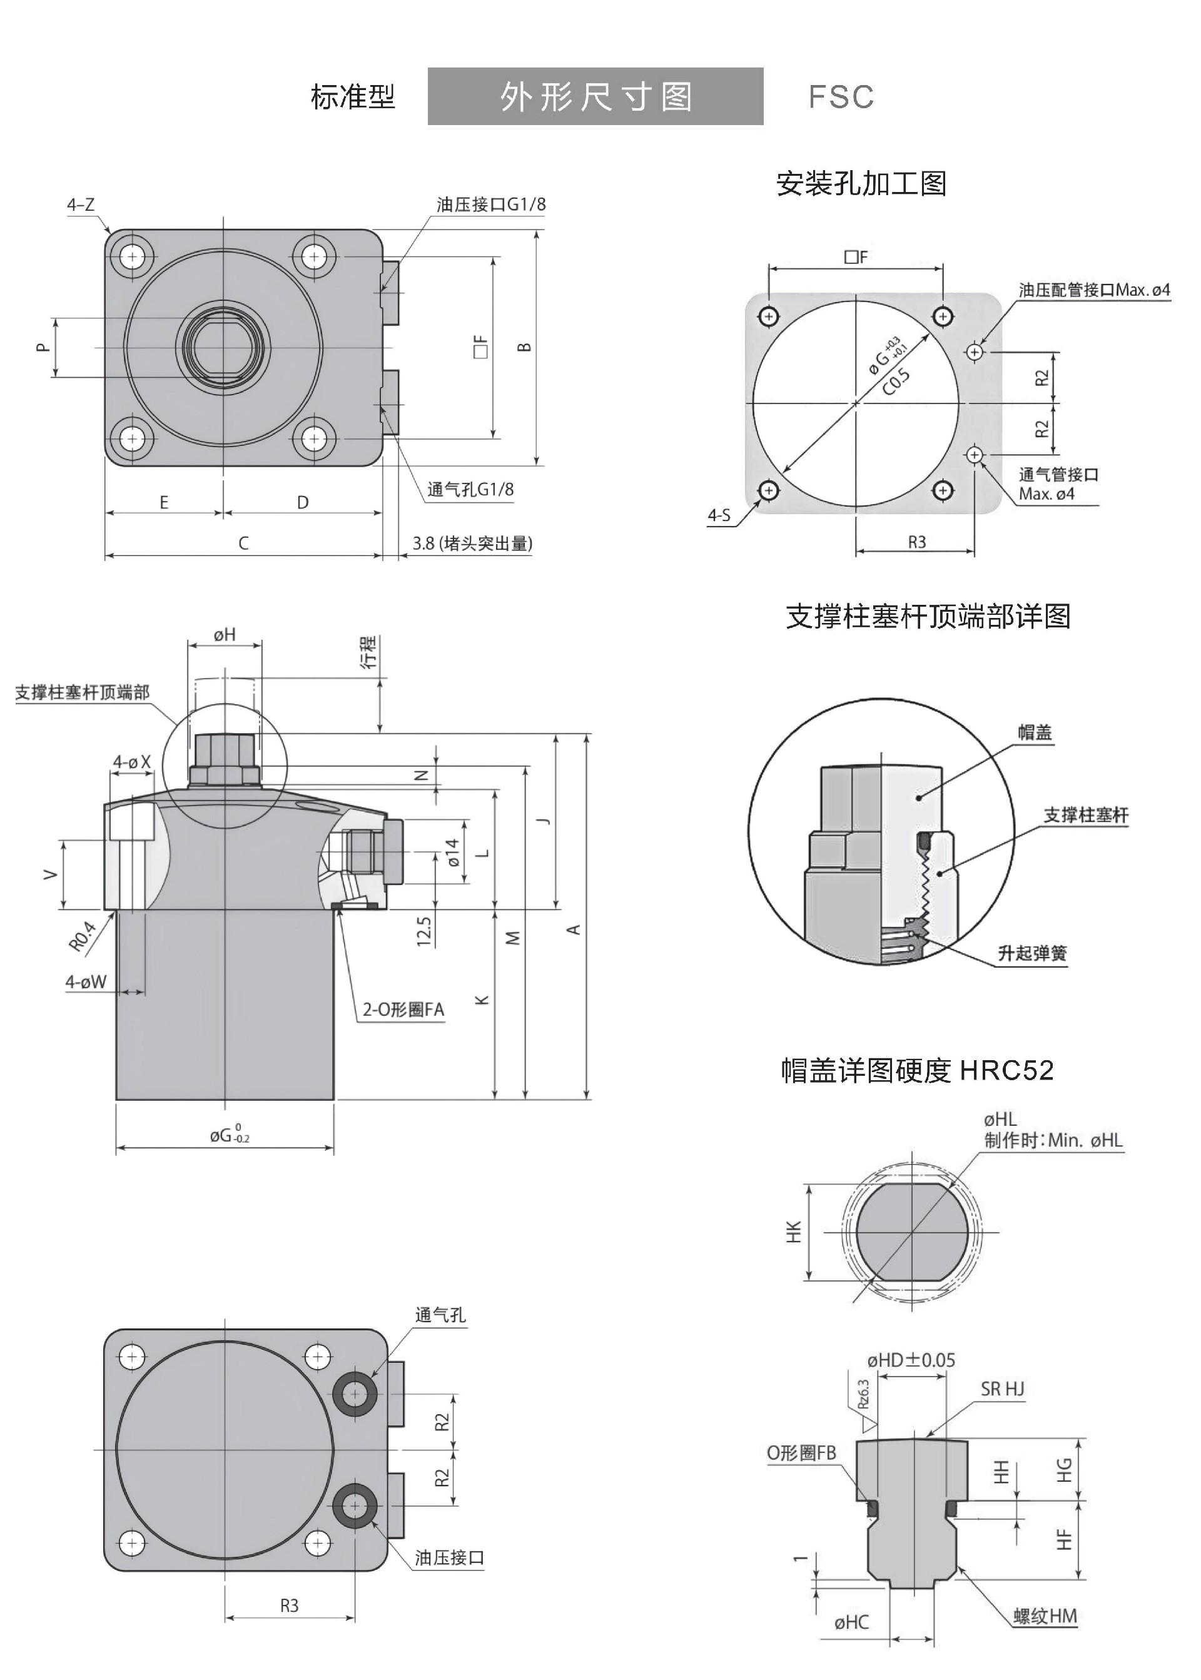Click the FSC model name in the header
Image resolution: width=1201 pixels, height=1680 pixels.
[841, 97]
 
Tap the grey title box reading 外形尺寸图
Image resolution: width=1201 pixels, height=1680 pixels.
[595, 97]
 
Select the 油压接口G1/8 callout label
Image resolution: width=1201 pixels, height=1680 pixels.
[490, 204]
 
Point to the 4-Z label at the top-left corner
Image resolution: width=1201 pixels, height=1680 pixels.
[81, 205]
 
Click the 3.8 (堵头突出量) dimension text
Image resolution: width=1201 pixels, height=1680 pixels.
[472, 544]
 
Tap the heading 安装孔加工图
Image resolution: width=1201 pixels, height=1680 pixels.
[861, 183]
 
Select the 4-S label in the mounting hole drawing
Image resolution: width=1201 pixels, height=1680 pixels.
[719, 515]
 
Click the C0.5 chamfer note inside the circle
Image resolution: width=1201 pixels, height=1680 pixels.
[896, 382]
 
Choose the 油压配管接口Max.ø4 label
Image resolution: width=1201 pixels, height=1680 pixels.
[1094, 290]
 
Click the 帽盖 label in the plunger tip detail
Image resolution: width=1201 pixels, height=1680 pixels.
[1034, 733]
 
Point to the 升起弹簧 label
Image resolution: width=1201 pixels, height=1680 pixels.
[1032, 953]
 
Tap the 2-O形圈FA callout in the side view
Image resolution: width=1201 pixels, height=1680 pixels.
[403, 1010]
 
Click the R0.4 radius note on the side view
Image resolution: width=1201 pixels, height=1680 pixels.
[82, 936]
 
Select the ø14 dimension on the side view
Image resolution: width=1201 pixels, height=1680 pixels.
[453, 853]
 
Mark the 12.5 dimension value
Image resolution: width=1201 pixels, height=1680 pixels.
[423, 932]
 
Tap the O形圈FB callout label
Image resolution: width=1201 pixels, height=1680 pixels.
[801, 1453]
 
